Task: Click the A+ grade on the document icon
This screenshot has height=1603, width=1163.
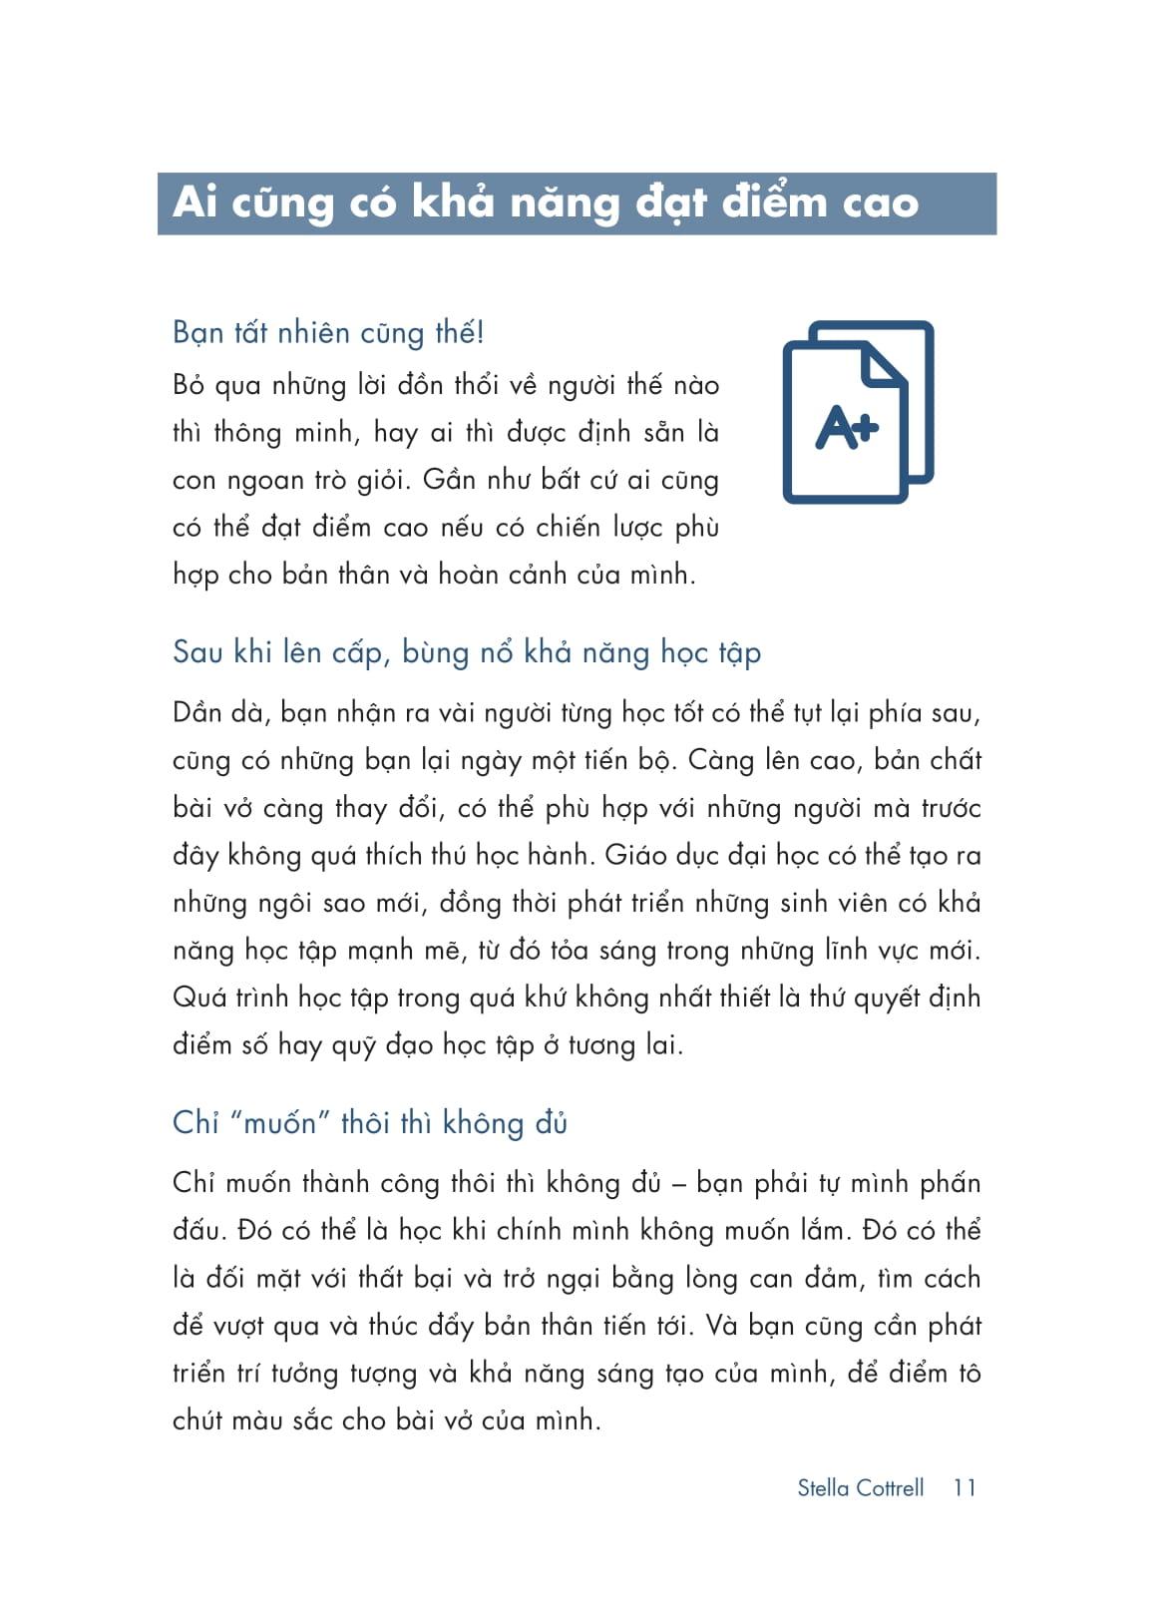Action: pos(847,427)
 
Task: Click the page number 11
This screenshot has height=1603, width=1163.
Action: pos(964,1487)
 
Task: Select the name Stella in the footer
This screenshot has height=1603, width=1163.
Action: pos(823,1487)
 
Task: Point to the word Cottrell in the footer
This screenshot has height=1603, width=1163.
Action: pos(891,1487)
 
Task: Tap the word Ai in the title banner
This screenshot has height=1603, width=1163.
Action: pos(194,202)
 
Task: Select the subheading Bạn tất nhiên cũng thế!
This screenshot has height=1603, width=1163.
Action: pos(328,332)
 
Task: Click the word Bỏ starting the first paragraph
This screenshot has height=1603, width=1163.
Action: pos(189,385)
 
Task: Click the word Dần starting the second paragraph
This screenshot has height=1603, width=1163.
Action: pos(196,713)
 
